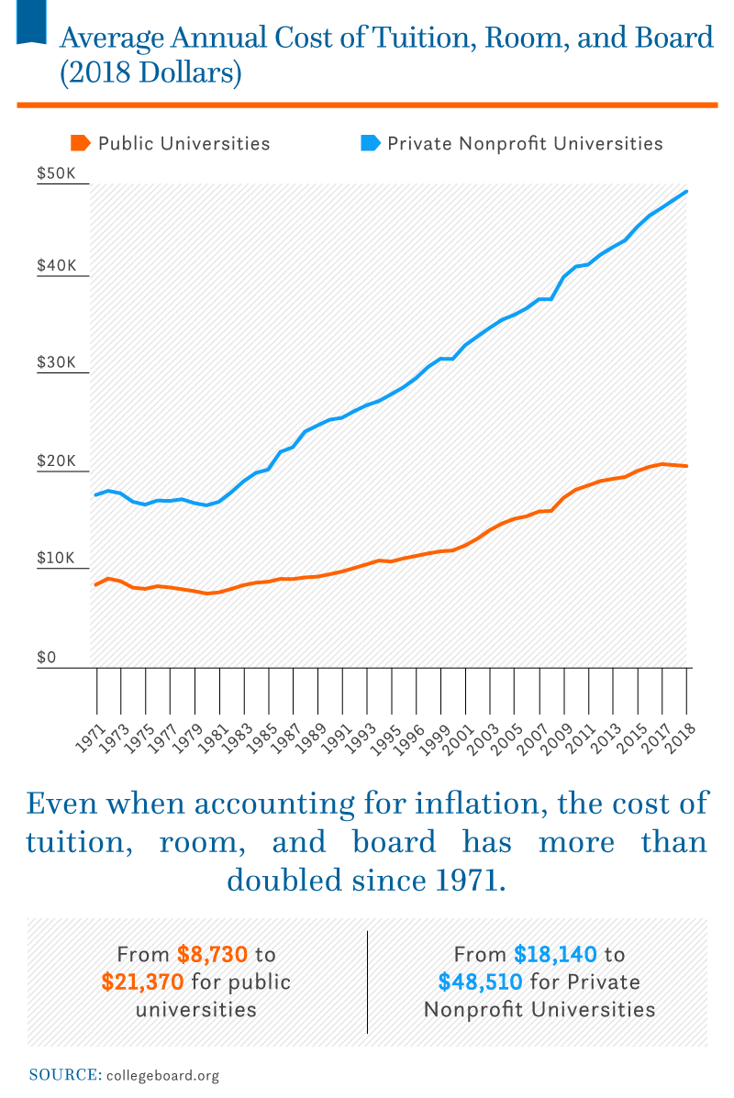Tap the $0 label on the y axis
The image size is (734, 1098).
[x=45, y=658]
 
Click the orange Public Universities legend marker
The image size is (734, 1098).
[x=81, y=143]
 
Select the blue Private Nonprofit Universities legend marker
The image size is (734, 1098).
[x=370, y=143]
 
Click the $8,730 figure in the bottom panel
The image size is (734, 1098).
[x=212, y=954]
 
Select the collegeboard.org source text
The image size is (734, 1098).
[x=163, y=1075]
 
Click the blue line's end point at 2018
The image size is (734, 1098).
[x=687, y=192]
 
